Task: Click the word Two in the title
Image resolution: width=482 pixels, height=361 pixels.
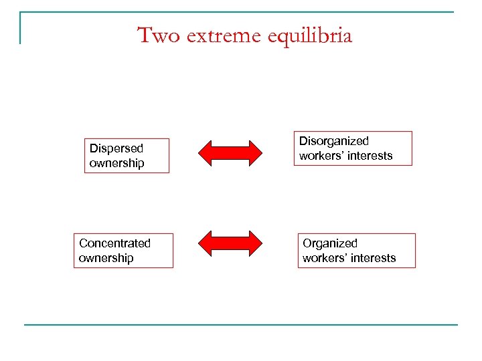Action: coord(159,35)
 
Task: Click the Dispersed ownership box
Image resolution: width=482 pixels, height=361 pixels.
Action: coord(127,156)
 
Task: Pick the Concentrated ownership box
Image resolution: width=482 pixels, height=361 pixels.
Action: coord(123,251)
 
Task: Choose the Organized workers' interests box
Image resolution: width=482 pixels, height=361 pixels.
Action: coord(356,251)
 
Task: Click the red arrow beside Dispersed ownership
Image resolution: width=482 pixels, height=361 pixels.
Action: coord(231,153)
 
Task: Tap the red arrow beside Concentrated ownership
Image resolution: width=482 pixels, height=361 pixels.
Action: coord(231,244)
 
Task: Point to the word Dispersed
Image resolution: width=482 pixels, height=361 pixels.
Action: coord(116,148)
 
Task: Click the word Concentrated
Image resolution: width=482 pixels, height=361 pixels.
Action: coord(114,243)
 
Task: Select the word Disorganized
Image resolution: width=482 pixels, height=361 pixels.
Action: coord(333,141)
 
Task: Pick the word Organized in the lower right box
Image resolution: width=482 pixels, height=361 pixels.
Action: coord(330,243)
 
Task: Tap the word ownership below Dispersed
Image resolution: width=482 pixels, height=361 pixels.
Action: coord(116,163)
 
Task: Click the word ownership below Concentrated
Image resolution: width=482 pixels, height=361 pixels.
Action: coord(106,258)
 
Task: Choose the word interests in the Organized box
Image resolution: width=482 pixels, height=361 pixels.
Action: coord(375,258)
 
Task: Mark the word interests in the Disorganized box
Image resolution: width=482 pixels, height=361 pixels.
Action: coord(372,156)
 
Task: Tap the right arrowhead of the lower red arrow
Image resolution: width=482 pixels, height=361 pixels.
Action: coord(256,244)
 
